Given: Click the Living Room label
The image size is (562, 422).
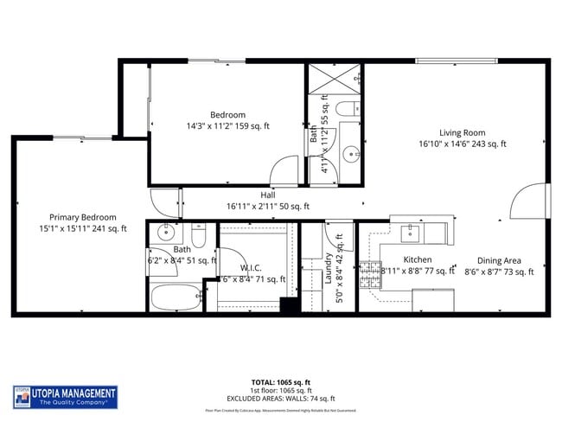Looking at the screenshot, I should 462,132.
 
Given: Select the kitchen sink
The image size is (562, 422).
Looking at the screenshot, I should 411,233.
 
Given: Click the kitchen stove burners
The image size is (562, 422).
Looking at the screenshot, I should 371,271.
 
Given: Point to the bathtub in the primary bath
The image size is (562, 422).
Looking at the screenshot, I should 176,297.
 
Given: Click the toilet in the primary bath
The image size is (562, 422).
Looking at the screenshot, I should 198,236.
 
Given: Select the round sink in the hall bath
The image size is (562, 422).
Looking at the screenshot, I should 352,156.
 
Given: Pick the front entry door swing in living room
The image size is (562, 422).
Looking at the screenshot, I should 529,202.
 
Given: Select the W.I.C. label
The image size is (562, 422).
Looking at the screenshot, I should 251,267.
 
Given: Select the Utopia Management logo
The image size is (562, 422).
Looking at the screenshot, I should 65,397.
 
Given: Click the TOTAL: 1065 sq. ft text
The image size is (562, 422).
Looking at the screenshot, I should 281,381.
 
